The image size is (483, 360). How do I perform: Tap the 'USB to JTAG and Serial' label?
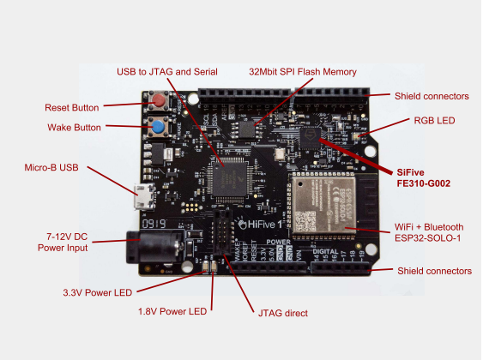(167, 71)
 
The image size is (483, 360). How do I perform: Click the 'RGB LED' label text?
(434, 122)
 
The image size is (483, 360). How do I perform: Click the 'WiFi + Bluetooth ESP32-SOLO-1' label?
(429, 231)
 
